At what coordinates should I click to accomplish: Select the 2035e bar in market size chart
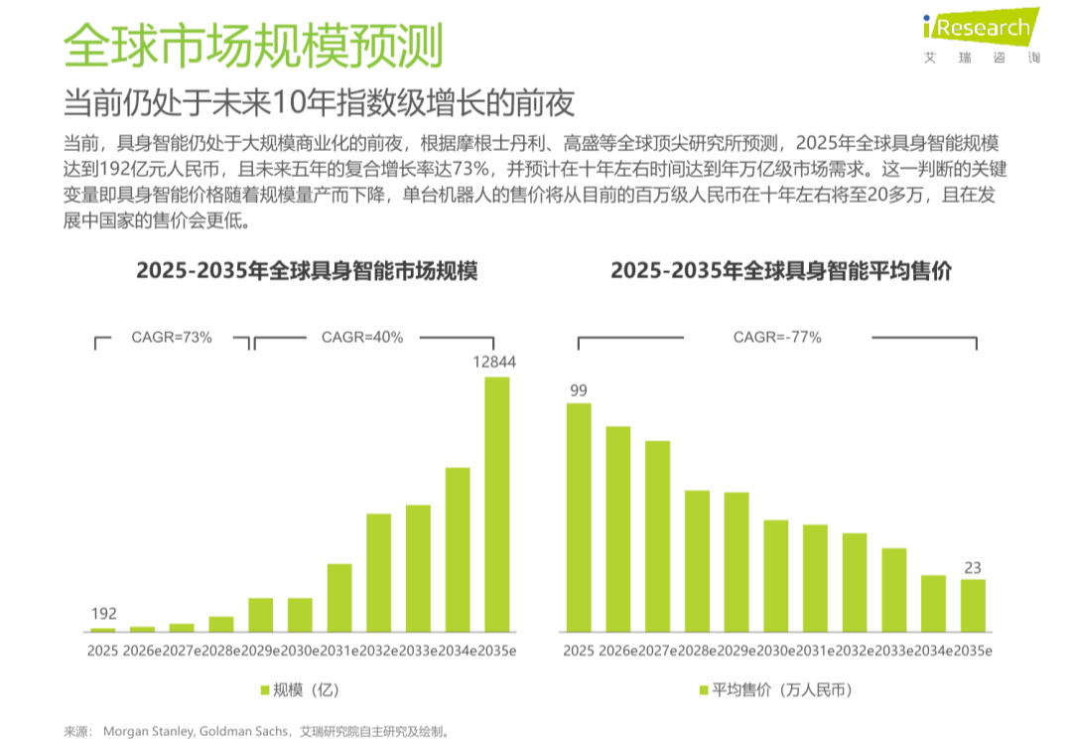coord(497,504)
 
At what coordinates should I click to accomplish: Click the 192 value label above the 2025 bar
coord(103,613)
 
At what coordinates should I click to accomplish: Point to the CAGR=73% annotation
coord(172,338)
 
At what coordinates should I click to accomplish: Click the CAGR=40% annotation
coord(362,338)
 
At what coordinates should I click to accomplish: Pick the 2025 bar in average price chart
coord(578,518)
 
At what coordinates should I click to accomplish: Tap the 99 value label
coord(578,390)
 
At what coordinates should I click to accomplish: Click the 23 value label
coord(973,568)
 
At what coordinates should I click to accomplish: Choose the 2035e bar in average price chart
coord(973,606)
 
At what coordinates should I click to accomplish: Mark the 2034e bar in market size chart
coord(458,549)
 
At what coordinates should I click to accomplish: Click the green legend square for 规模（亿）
coord(265,690)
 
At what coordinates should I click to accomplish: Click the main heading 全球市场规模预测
coord(253,45)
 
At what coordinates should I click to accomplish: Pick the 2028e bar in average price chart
coord(697,561)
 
